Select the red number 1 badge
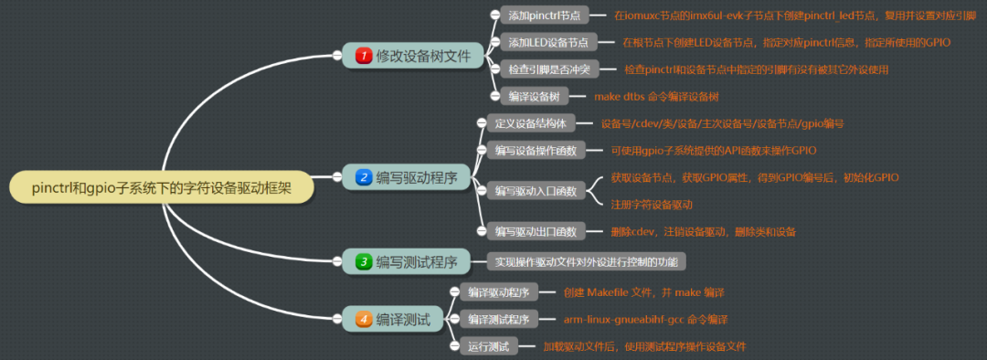(x=363, y=56)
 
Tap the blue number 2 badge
(x=363, y=176)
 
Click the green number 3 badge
(x=363, y=261)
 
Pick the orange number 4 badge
(x=363, y=319)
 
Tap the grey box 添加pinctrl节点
(x=547, y=16)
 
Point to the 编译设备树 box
(x=536, y=96)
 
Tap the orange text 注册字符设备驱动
(x=652, y=204)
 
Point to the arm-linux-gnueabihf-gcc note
(x=645, y=319)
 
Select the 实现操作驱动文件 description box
(x=586, y=261)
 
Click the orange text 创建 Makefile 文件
(x=643, y=292)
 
